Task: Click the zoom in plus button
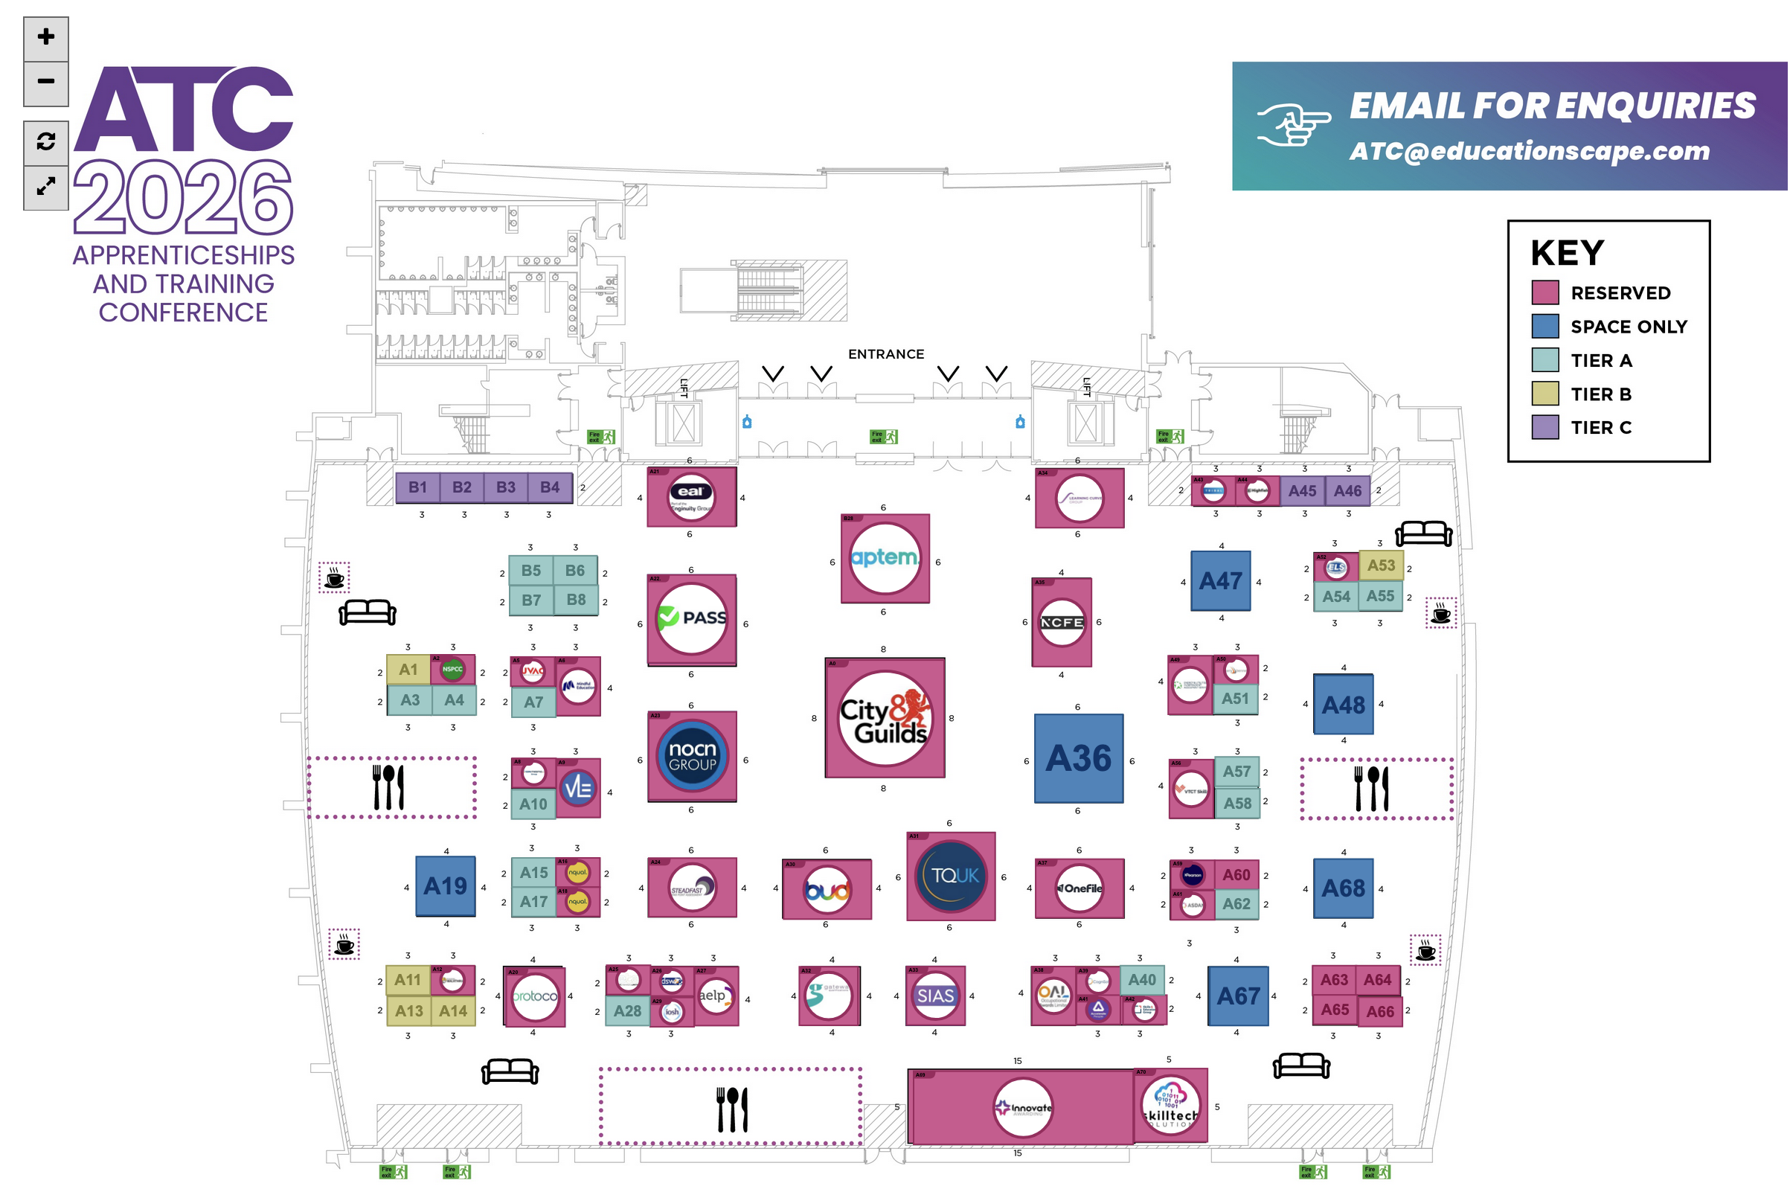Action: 45,37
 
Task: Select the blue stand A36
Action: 1078,758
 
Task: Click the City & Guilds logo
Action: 884,717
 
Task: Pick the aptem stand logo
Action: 884,559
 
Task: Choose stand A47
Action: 1219,581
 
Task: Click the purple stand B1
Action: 417,487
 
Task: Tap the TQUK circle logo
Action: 950,876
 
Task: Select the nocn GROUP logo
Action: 691,757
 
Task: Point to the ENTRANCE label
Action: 885,354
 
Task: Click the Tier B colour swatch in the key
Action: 1544,394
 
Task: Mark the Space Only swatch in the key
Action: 1544,326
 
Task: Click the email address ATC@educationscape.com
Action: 1529,151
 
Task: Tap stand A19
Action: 446,886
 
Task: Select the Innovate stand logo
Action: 1022,1108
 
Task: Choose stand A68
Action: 1342,888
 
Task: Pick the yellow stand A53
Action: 1380,565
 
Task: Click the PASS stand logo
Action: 691,618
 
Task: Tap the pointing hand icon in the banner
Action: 1292,124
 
